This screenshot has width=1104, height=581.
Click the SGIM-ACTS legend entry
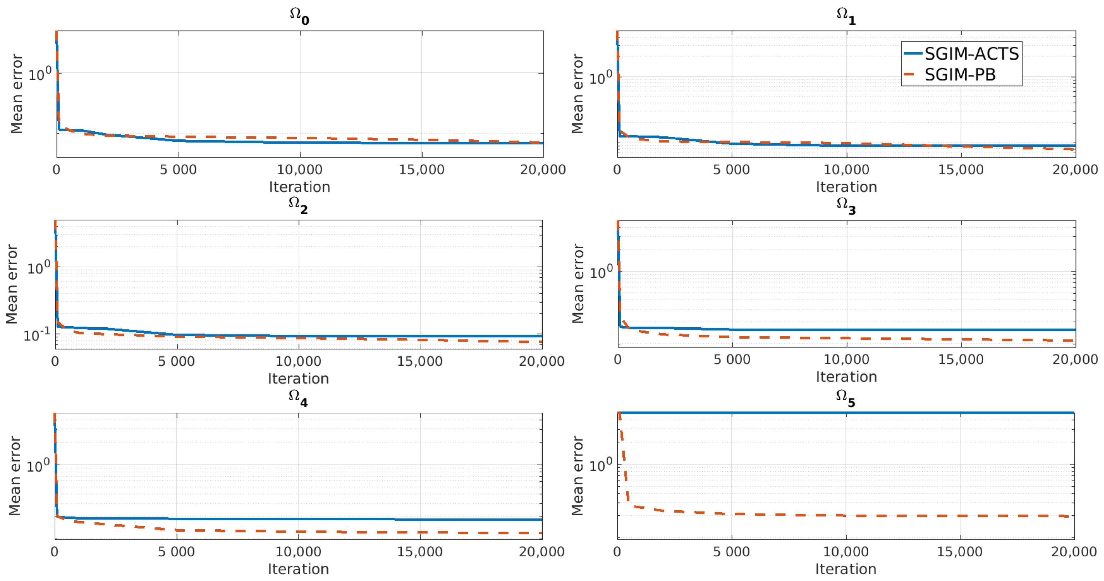coord(971,54)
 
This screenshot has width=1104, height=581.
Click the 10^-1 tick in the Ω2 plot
coord(37,334)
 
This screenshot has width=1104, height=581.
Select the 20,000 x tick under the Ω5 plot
coord(1074,551)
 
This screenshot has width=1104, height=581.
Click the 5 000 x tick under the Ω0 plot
coord(178,170)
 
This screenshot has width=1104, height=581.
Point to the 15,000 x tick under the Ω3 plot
coord(960,359)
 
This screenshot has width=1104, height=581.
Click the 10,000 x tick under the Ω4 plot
coord(298,551)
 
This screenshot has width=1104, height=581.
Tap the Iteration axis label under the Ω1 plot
coord(846,187)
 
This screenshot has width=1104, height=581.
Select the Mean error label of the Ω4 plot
coord(15,476)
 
